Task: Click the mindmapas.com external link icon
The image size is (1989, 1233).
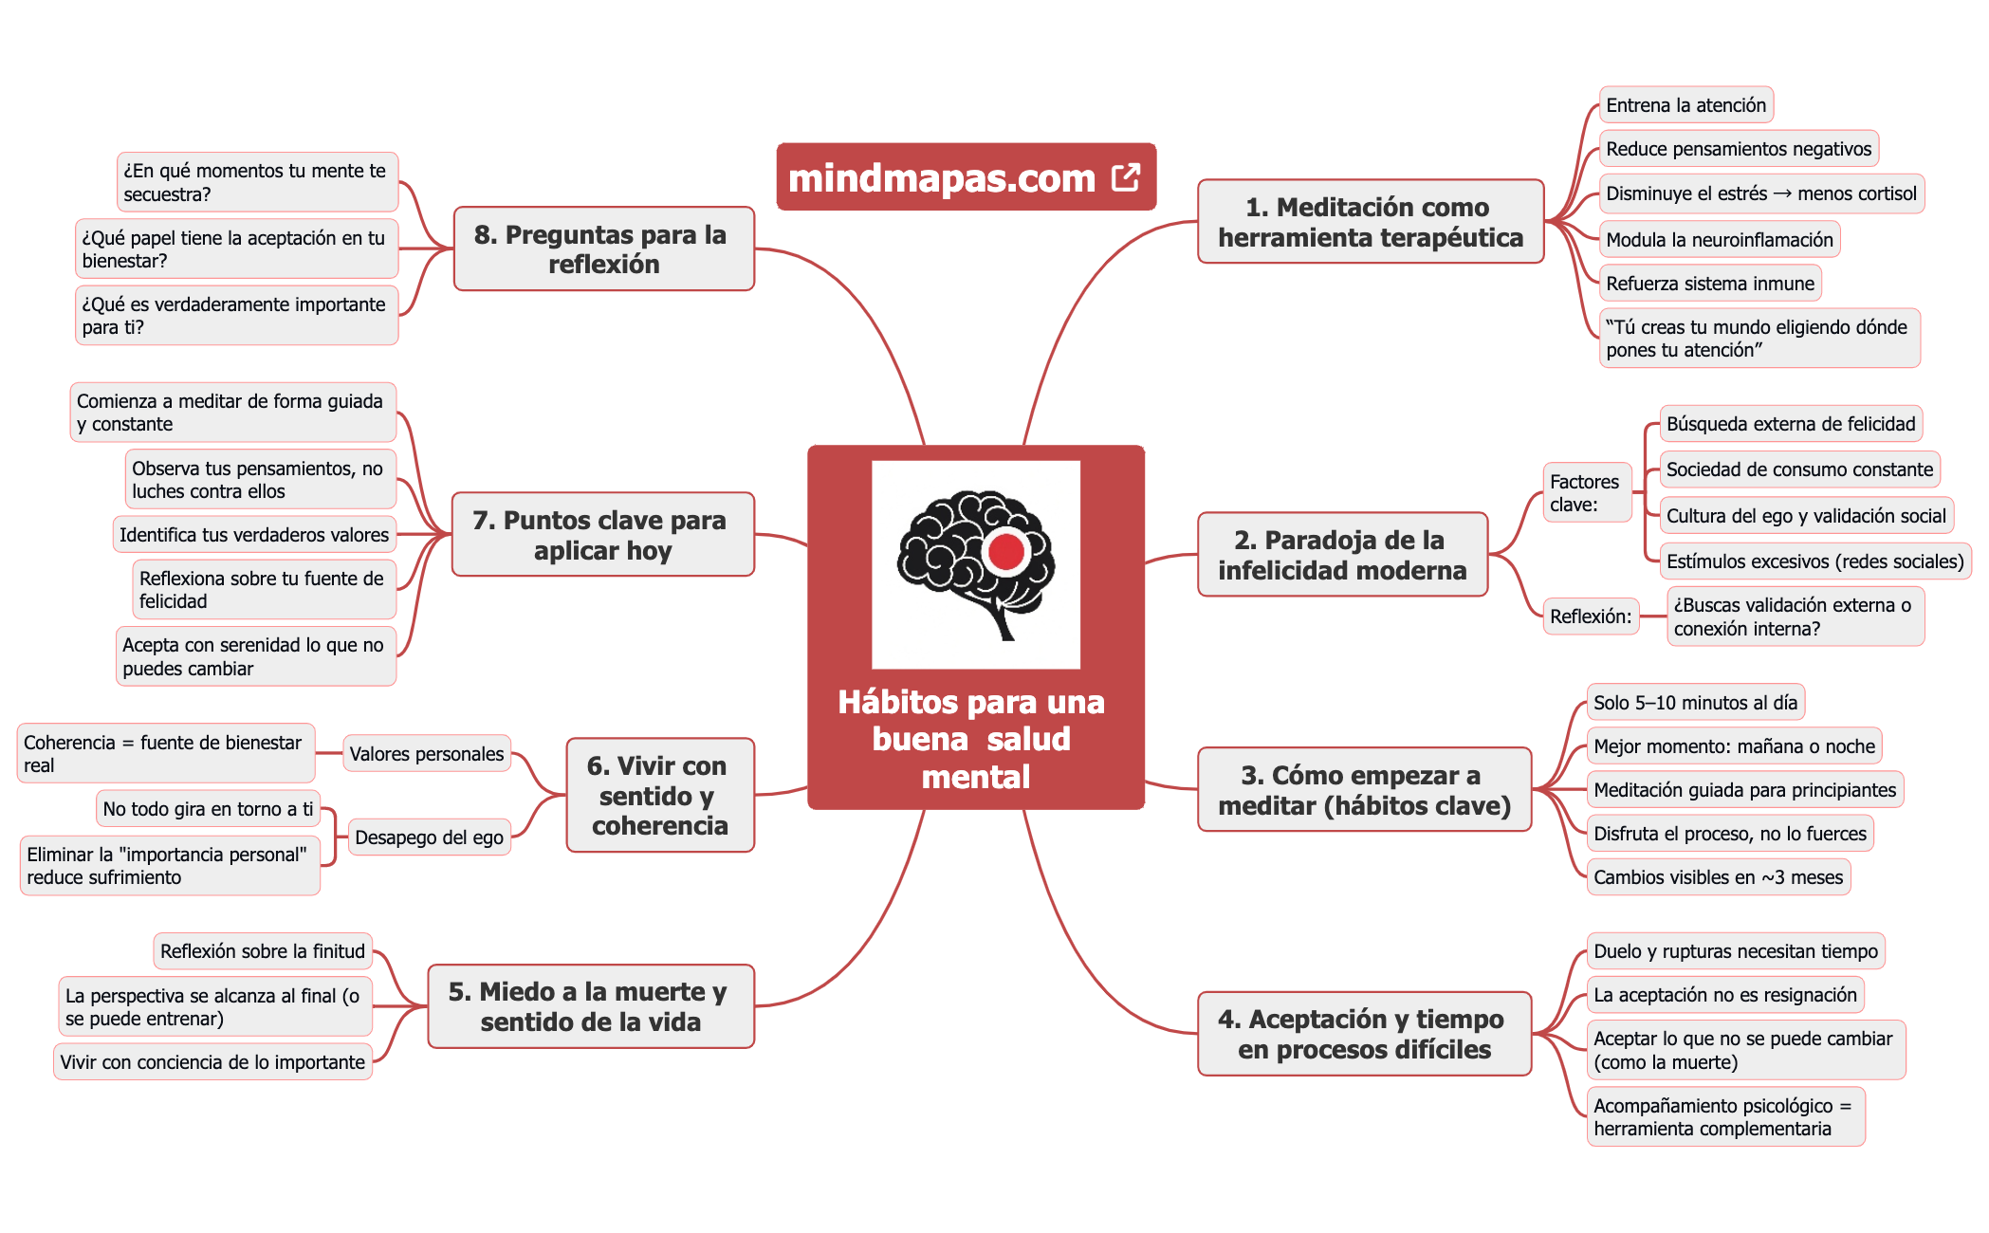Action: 1126,177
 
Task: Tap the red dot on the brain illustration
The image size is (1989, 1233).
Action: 1006,551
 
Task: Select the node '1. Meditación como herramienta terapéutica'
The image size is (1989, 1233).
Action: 1371,222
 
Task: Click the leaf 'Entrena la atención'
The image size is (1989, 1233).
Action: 1685,105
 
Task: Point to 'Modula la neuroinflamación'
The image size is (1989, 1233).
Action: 1719,240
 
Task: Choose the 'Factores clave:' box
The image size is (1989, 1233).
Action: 1585,493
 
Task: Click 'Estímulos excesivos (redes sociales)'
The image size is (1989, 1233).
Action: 1814,561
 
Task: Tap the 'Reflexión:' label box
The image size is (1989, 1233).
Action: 1591,616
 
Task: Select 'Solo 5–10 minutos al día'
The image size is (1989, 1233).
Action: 1695,703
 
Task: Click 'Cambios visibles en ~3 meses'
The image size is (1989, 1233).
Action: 1718,877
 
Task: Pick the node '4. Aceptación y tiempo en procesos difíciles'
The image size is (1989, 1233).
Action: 1364,1034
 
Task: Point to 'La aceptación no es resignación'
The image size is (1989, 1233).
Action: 1724,995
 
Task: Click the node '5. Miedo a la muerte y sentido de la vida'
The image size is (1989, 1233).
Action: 590,1006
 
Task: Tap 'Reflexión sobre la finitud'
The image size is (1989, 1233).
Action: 262,951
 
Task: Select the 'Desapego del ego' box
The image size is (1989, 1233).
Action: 429,837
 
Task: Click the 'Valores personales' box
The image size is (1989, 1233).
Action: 427,754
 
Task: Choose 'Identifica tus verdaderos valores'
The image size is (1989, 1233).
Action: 254,535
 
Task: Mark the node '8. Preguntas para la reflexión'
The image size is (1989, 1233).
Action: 603,249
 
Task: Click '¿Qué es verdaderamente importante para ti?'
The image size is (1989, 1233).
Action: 235,316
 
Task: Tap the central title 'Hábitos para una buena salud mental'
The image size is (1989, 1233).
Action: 974,740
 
